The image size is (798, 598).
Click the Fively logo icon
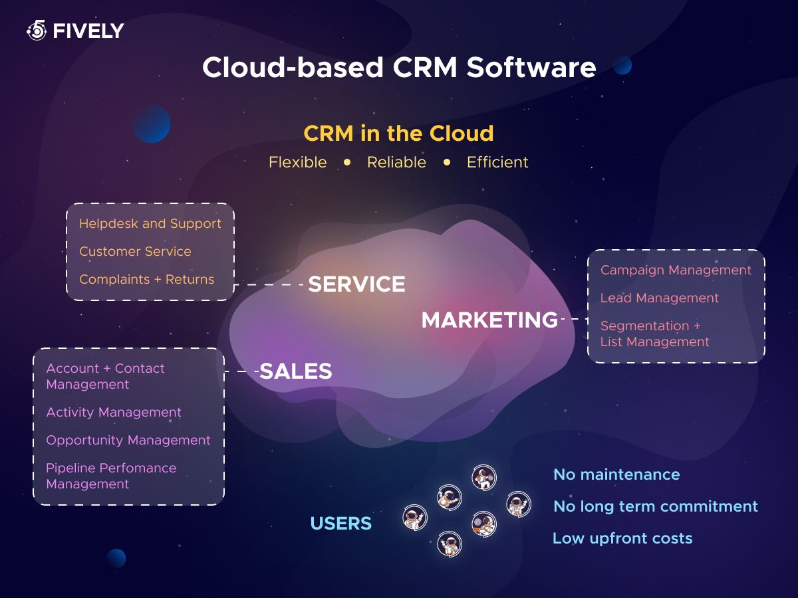[37, 30]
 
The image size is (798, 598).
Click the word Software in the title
[531, 68]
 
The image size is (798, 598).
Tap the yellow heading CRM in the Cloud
[398, 134]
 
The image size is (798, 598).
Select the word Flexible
[297, 162]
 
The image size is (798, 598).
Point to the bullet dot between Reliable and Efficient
[447, 162]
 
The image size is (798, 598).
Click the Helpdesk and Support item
[150, 224]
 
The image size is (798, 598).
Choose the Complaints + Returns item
[147, 280]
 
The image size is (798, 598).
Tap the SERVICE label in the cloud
[356, 284]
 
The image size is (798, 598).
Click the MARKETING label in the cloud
[489, 320]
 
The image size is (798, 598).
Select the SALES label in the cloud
[295, 371]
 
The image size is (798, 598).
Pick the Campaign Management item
[676, 270]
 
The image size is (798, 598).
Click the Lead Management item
[660, 298]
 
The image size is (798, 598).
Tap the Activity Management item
[114, 413]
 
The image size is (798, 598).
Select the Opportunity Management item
[128, 441]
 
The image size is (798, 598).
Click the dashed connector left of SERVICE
[269, 284]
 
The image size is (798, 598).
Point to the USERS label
[341, 523]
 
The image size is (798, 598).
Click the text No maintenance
[616, 474]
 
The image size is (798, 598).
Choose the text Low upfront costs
[622, 538]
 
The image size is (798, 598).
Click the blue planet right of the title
[622, 65]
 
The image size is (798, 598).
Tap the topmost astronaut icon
[484, 478]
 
